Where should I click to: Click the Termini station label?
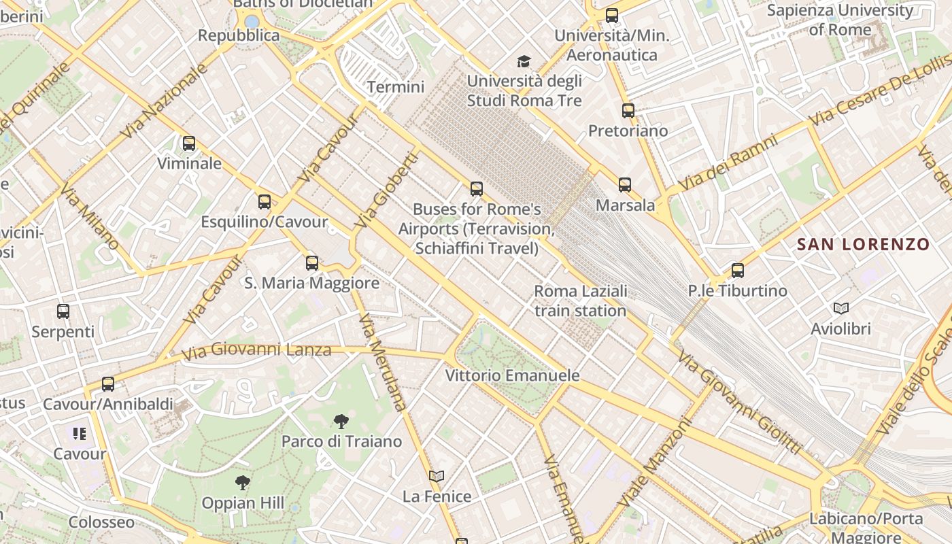(395, 87)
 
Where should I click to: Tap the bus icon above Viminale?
(189, 143)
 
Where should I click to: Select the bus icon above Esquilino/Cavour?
(265, 202)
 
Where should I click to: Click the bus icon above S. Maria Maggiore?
(312, 262)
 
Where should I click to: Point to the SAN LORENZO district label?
(863, 245)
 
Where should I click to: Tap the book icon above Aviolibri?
(841, 309)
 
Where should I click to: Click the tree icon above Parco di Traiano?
(341, 422)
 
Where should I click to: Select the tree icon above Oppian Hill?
(242, 483)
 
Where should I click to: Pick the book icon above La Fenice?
(437, 477)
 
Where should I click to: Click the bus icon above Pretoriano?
(628, 110)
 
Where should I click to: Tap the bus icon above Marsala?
(625, 184)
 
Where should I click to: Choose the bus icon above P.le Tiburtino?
(738, 271)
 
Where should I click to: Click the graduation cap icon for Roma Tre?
(524, 62)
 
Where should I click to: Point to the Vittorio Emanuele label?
(512, 375)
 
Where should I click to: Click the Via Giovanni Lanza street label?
(256, 351)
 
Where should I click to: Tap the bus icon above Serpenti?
(63, 311)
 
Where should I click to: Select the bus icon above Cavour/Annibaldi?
(108, 384)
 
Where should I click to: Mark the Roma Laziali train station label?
(580, 301)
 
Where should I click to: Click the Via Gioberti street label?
(386, 190)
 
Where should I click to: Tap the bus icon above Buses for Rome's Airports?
(477, 188)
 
